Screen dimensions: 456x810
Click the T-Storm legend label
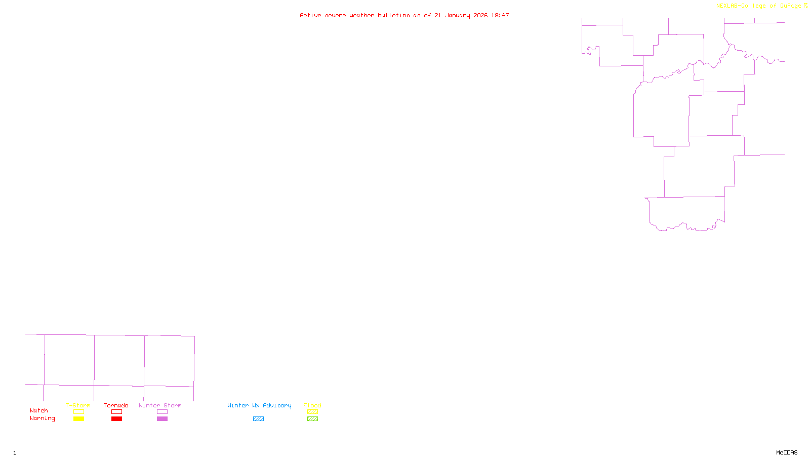[78, 405]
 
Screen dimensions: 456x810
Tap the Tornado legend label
[116, 405]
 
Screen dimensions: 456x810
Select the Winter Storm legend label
[160, 405]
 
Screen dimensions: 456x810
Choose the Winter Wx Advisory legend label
[259, 405]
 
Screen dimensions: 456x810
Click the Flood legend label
[312, 405]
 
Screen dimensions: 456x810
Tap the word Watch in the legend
[39, 410]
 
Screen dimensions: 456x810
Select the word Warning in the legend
[43, 419]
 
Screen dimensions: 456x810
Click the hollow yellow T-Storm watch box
[78, 412]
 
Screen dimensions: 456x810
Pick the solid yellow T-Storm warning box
[78, 419]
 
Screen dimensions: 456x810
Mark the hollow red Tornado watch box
[116, 412]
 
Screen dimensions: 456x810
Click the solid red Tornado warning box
[116, 419]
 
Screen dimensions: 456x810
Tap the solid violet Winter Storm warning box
[162, 419]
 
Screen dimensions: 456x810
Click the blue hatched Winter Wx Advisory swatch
[258, 419]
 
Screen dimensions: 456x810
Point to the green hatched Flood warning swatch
[312, 419]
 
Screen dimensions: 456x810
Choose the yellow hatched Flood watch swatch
[312, 412]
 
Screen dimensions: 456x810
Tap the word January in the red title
[458, 15]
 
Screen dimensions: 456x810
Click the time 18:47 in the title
[500, 15]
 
